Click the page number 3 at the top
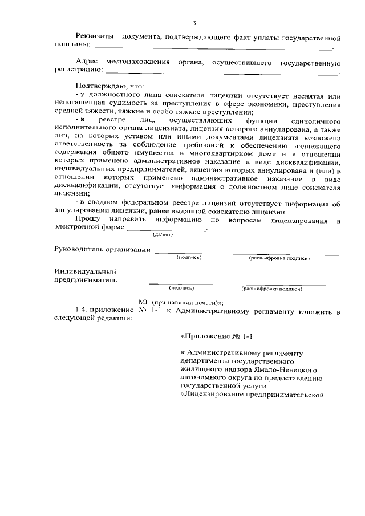pyautogui.click(x=194, y=23)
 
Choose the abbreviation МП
pyautogui.click(x=145, y=302)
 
